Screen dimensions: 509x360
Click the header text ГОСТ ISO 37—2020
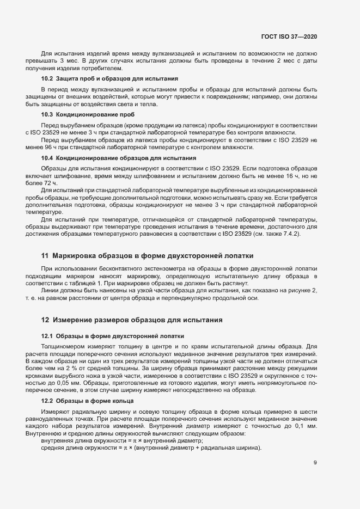point(289,37)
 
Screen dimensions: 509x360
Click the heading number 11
point(45,240)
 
